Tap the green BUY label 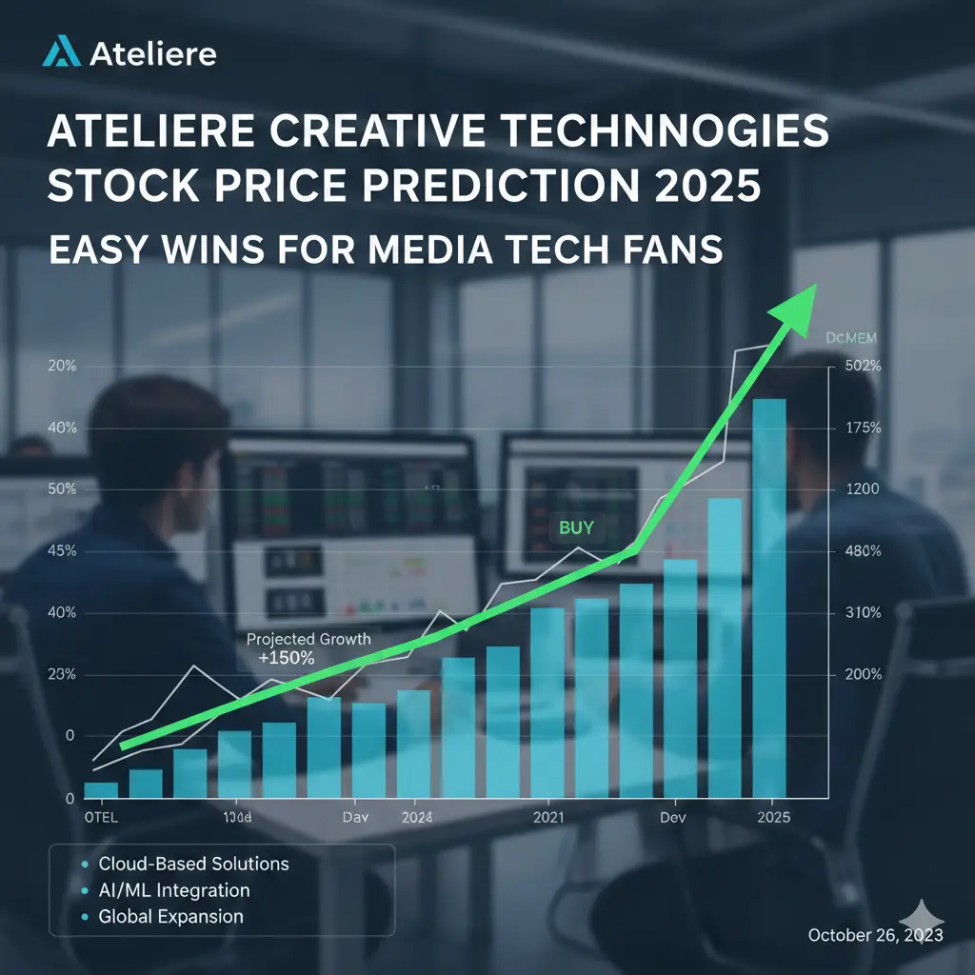pyautogui.click(x=576, y=527)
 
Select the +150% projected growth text pyautogui.click(x=287, y=658)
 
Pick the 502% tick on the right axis pyautogui.click(x=863, y=367)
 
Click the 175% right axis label pyautogui.click(x=863, y=428)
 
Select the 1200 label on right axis pyautogui.click(x=862, y=489)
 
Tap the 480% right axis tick pyautogui.click(x=863, y=551)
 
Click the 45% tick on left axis pyautogui.click(x=60, y=551)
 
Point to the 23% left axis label pyautogui.click(x=60, y=674)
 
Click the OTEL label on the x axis pyautogui.click(x=101, y=818)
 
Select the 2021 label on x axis pyautogui.click(x=548, y=818)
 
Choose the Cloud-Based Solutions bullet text pyautogui.click(x=193, y=865)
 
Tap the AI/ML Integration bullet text pyautogui.click(x=174, y=891)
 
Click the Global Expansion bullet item pyautogui.click(x=171, y=917)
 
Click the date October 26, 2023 pyautogui.click(x=875, y=936)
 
